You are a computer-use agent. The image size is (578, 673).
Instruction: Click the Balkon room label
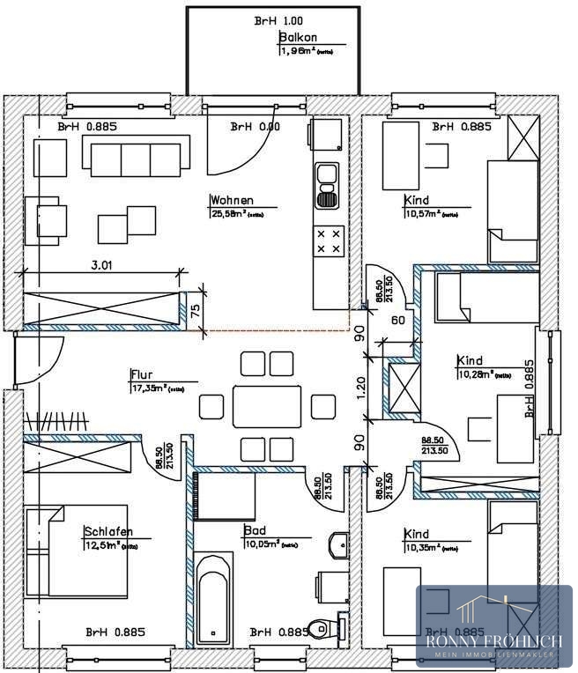tap(298, 38)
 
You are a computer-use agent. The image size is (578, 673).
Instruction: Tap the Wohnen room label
tap(232, 200)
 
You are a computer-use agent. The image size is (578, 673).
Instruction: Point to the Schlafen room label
tap(108, 531)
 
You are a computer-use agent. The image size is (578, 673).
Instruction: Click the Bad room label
tap(254, 531)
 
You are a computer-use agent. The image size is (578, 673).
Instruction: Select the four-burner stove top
tap(328, 241)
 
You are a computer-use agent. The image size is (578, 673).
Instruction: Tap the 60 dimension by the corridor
tap(397, 321)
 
